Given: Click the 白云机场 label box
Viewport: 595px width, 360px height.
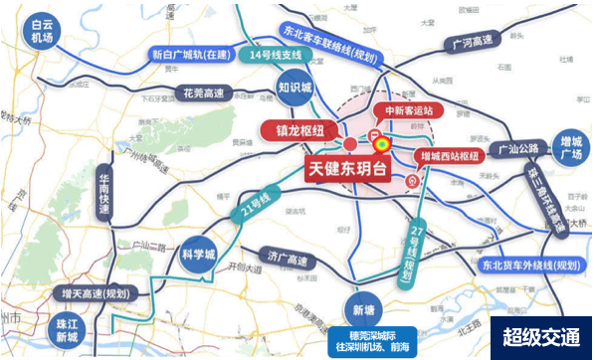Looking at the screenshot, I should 41,31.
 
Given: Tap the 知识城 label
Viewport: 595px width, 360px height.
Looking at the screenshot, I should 295,88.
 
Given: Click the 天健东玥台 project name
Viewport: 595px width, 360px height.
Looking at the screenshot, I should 356,170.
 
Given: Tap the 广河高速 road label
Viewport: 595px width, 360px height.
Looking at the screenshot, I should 472,43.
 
